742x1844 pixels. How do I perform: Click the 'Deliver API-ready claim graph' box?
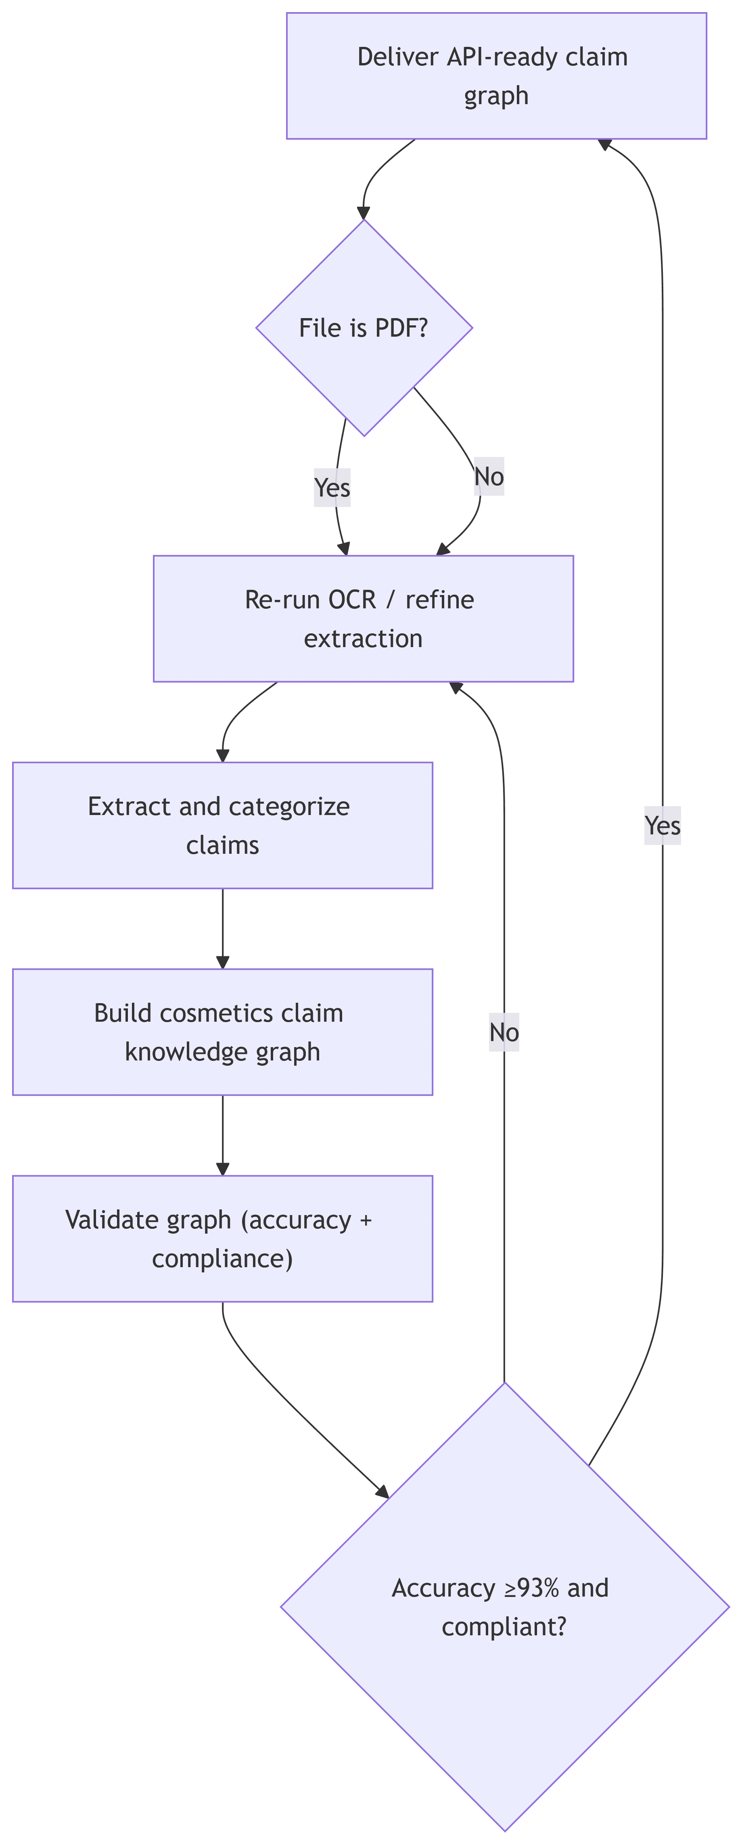(x=496, y=76)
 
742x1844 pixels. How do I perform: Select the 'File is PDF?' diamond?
(x=364, y=328)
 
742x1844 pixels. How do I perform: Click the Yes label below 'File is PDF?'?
(x=332, y=488)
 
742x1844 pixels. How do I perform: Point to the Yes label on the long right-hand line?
(x=662, y=826)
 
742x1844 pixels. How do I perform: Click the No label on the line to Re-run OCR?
(x=504, y=1032)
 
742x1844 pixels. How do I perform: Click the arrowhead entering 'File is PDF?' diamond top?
(x=364, y=213)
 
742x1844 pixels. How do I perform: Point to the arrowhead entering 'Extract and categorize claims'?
(x=223, y=755)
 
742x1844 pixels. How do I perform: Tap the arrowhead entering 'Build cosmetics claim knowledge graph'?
(x=223, y=962)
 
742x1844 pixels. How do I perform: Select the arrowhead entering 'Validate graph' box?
(x=223, y=1169)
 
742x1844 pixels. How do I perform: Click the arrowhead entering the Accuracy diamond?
(x=383, y=1492)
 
